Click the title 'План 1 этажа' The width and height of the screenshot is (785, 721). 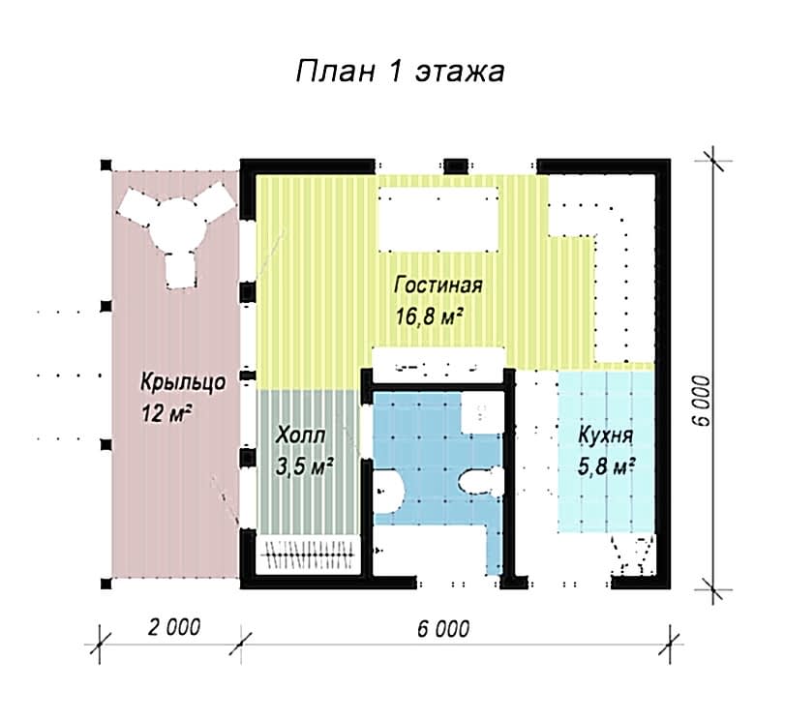pyautogui.click(x=400, y=71)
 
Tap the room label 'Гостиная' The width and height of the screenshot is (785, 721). pyautogui.click(x=438, y=285)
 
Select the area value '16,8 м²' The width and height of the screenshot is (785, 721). pyautogui.click(x=429, y=316)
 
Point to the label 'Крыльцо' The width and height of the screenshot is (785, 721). pyautogui.click(x=183, y=383)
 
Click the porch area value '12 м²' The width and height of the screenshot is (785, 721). pyautogui.click(x=166, y=413)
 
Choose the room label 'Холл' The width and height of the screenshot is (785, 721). pyautogui.click(x=300, y=436)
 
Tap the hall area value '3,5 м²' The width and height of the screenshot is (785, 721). pyautogui.click(x=304, y=466)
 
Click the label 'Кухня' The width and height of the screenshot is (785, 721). pyautogui.click(x=605, y=436)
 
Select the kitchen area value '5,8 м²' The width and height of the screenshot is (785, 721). pyautogui.click(x=606, y=466)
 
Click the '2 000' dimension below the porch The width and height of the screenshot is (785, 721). pyautogui.click(x=173, y=627)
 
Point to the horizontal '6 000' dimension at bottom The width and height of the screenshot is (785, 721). pyautogui.click(x=443, y=628)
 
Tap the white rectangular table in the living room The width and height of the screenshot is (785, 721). pyautogui.click(x=438, y=220)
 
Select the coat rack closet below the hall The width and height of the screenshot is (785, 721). pyautogui.click(x=309, y=555)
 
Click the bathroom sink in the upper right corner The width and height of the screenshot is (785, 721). pyautogui.click(x=482, y=412)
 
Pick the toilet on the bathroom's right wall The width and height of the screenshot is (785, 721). pyautogui.click(x=482, y=482)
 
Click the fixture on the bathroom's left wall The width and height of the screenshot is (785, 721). pyautogui.click(x=388, y=492)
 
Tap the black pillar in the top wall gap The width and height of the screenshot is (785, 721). pyautogui.click(x=456, y=165)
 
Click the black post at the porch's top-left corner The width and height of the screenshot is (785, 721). pyautogui.click(x=106, y=165)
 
